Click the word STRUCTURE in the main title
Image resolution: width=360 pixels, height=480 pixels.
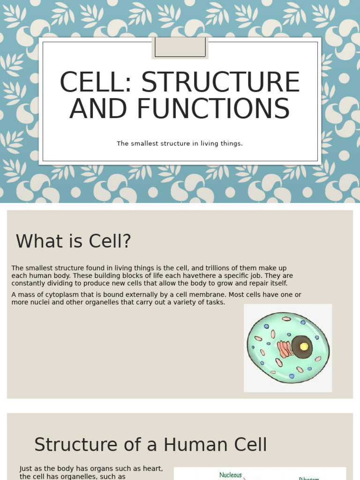pos(220,82)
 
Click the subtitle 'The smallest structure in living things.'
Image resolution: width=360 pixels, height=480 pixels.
pos(180,143)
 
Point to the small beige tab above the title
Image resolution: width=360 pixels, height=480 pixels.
pos(180,48)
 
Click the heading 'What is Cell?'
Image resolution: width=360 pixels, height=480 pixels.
pos(74,241)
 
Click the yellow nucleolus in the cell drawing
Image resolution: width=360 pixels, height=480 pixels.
pos(304,346)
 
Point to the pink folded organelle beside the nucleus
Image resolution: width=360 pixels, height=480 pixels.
pos(284,349)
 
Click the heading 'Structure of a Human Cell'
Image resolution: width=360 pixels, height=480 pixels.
pos(150,444)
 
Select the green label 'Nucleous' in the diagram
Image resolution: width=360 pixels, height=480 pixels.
pos(231,475)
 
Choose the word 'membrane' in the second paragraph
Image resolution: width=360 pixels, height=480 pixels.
pos(168,295)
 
